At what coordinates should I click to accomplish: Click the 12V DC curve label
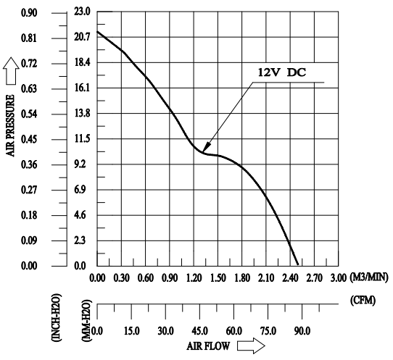click(282, 72)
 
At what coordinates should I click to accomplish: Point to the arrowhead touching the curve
click(207, 148)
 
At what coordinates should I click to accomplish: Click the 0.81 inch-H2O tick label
click(29, 38)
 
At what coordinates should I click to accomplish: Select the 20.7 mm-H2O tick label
click(82, 37)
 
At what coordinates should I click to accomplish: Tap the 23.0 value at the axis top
click(82, 12)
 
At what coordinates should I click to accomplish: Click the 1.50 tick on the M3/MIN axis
click(218, 278)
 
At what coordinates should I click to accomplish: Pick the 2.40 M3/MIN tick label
click(290, 278)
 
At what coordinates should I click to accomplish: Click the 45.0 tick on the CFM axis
click(199, 331)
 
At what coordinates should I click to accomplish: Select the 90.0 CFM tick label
click(302, 331)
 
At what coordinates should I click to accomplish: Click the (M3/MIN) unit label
click(369, 277)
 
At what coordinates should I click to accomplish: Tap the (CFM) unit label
click(363, 300)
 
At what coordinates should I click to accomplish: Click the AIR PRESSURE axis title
click(10, 126)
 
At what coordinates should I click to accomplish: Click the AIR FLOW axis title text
click(208, 346)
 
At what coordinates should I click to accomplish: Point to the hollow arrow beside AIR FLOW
click(251, 346)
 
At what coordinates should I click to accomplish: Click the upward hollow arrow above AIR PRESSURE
click(11, 71)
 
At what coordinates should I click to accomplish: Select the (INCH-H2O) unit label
click(56, 317)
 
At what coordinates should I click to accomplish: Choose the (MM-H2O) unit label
click(86, 320)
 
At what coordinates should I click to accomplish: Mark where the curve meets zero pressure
click(298, 264)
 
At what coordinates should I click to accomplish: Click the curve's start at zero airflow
click(97, 32)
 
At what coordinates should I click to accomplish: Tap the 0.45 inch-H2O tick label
click(29, 140)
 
